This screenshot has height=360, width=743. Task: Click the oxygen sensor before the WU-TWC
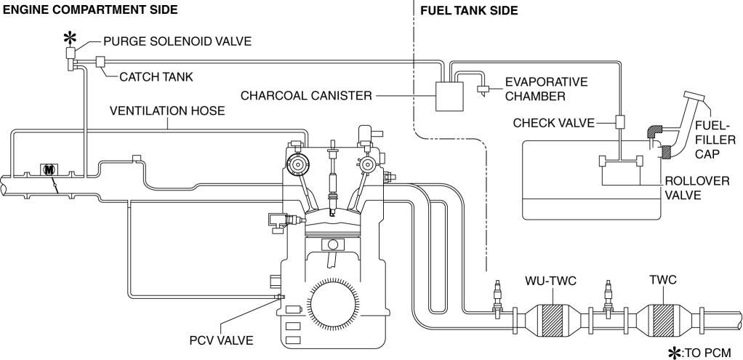[499, 295]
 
